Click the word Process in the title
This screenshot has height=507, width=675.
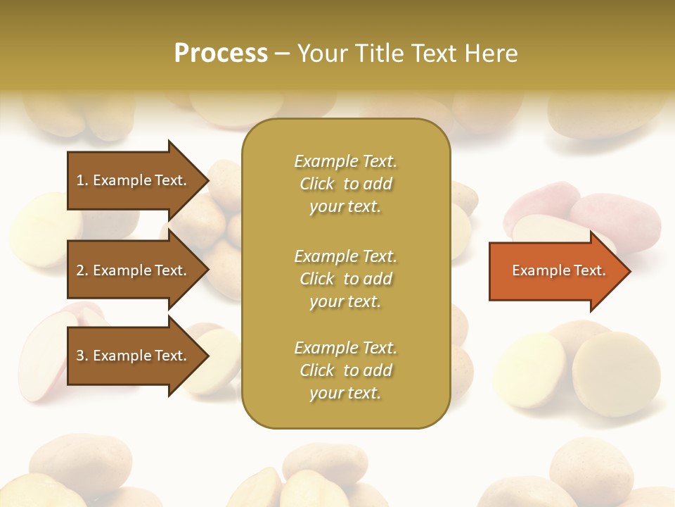pos(221,54)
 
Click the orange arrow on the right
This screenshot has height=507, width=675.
pos(555,271)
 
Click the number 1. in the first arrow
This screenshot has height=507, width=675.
pos(82,180)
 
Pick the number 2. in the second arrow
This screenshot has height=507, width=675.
pos(82,270)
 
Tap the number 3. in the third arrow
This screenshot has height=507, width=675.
pos(82,356)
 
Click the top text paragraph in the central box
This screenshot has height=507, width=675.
pos(345,184)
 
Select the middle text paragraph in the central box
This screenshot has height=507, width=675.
pos(345,279)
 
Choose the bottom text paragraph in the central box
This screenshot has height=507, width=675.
pos(345,370)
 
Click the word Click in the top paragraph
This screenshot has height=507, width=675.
pos(317,184)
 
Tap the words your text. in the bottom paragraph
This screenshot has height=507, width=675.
pos(345,393)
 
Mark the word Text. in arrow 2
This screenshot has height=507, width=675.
pos(171,270)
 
